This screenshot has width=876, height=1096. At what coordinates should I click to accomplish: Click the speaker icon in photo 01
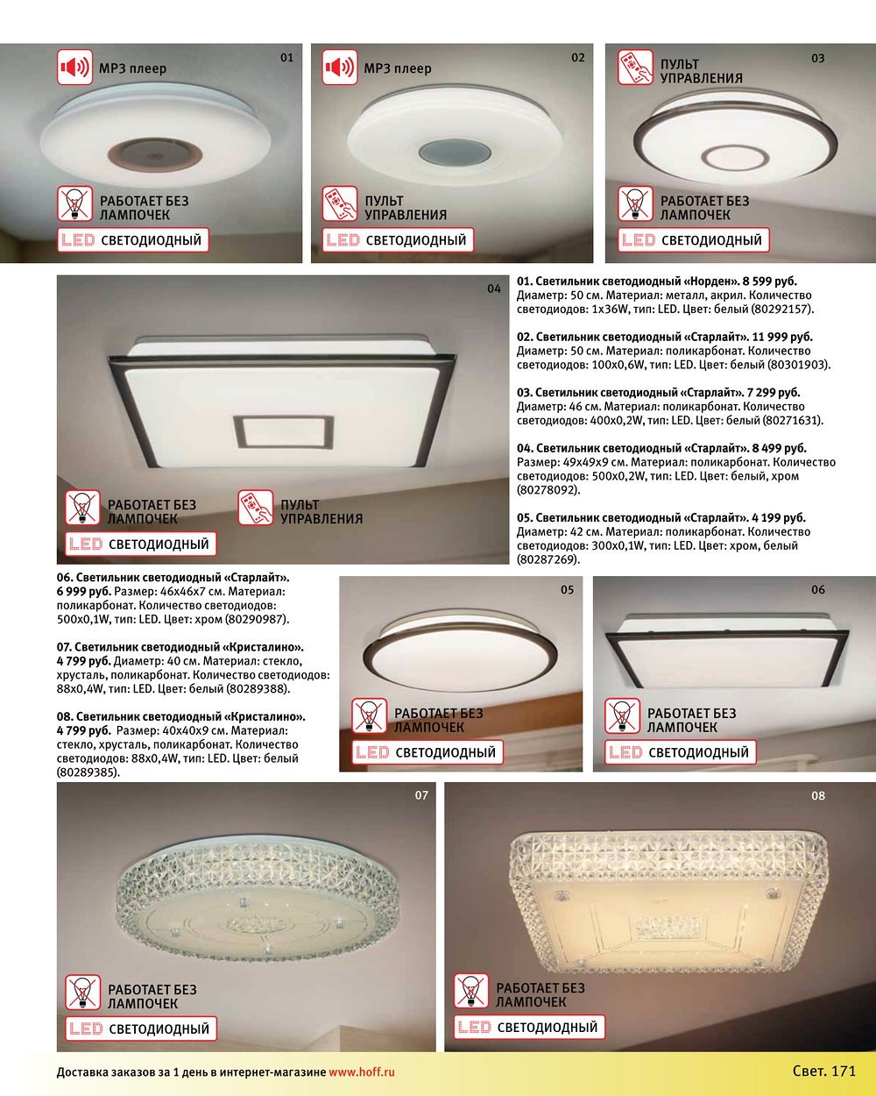pyautogui.click(x=74, y=67)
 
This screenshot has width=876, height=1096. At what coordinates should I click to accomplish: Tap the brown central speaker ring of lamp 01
pyautogui.click(x=155, y=153)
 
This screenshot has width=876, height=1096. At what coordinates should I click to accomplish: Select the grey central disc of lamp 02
pyautogui.click(x=455, y=153)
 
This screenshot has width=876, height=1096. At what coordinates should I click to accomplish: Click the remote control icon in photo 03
pyautogui.click(x=635, y=67)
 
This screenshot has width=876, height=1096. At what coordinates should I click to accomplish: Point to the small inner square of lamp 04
pyautogui.click(x=284, y=433)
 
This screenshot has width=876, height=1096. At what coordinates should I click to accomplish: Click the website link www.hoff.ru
pyautogui.click(x=362, y=1072)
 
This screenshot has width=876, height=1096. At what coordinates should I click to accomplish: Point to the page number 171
pyautogui.click(x=844, y=1071)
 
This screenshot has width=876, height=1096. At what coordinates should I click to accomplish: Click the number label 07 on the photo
pyautogui.click(x=421, y=795)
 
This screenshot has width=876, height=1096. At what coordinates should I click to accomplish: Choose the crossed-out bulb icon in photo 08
pyautogui.click(x=471, y=991)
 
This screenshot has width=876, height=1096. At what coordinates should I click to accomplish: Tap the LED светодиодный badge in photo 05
pyautogui.click(x=427, y=752)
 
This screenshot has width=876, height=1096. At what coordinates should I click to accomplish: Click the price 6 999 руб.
pyautogui.click(x=84, y=592)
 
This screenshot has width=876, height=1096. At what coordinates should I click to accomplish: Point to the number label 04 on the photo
pyautogui.click(x=494, y=288)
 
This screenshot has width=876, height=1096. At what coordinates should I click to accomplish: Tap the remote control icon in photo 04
pyautogui.click(x=256, y=508)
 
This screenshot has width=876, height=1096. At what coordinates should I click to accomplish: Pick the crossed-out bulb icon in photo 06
pyautogui.click(x=622, y=715)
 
